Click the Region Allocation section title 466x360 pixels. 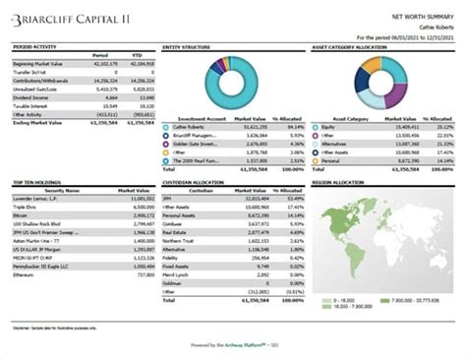(x=335, y=183)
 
